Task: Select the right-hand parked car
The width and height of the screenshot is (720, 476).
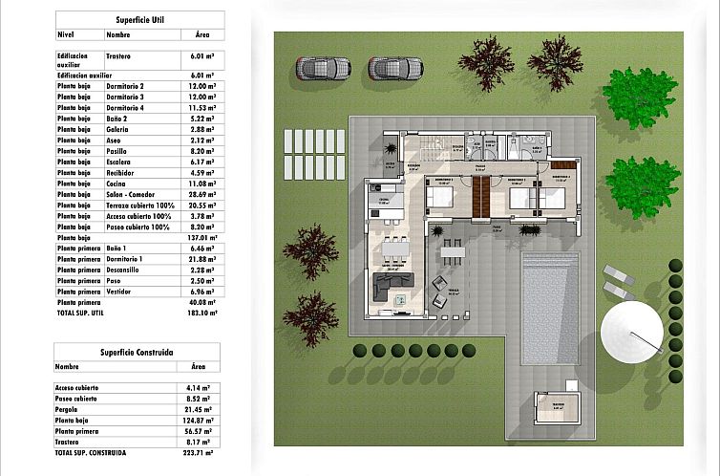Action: coord(394,68)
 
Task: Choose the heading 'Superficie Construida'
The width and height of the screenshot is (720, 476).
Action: coord(137,352)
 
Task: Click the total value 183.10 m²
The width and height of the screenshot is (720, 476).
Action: coord(201,313)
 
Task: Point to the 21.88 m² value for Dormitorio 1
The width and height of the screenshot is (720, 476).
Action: coord(201,259)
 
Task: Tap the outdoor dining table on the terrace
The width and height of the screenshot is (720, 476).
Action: coord(452,255)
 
